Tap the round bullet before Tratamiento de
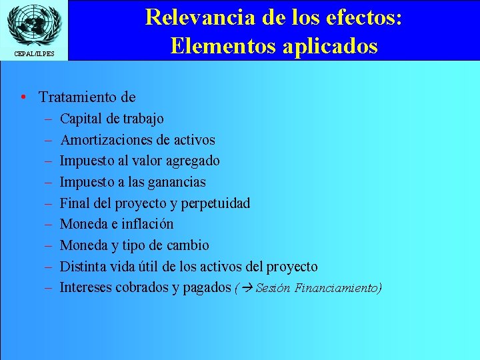point(23,97)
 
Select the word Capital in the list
point(81,119)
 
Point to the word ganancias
point(176,182)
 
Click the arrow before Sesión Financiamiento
point(247,289)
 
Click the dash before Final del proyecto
point(49,203)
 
